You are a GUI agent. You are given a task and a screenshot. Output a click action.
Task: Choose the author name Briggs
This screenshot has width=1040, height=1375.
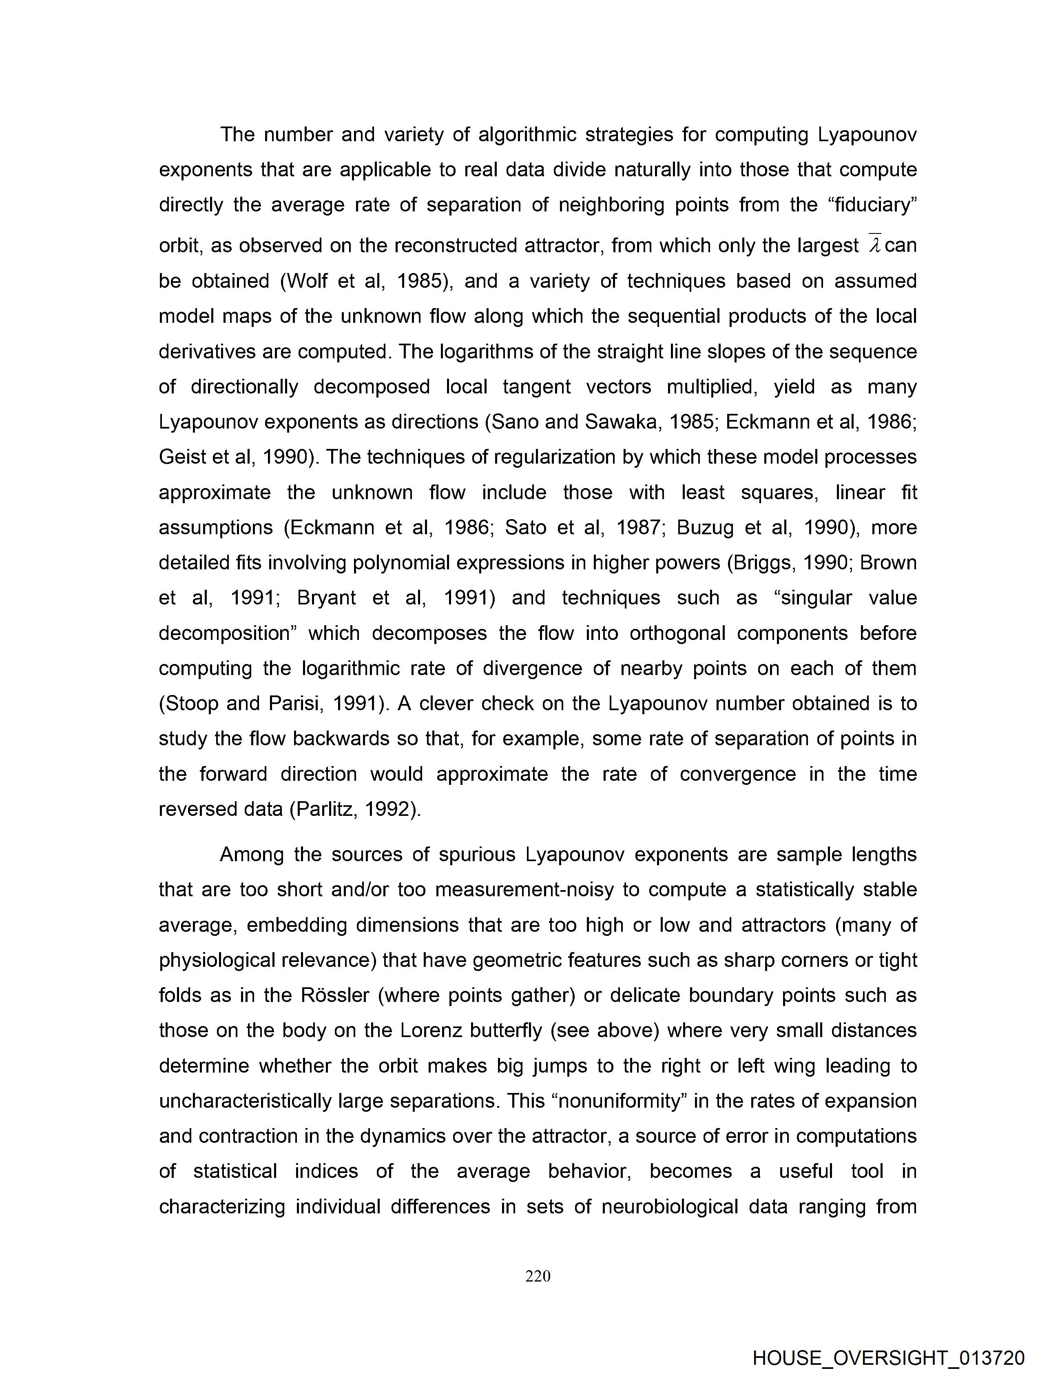click(x=760, y=562)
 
